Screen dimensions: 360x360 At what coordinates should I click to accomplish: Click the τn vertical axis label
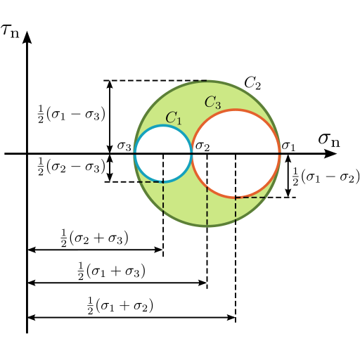pyautogui.click(x=10, y=31)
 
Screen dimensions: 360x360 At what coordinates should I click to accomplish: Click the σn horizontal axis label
pyautogui.click(x=329, y=140)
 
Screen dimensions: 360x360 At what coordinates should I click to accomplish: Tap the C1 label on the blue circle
pyautogui.click(x=174, y=118)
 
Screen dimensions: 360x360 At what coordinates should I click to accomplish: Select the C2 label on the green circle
pyautogui.click(x=252, y=83)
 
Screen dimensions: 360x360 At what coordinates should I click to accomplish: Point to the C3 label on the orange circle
pyautogui.click(x=212, y=103)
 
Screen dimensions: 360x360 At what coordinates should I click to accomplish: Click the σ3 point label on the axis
pyautogui.click(x=124, y=146)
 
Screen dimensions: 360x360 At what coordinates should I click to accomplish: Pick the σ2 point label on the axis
pyautogui.click(x=202, y=146)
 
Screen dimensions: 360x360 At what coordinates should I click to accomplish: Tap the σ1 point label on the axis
pyautogui.click(x=288, y=146)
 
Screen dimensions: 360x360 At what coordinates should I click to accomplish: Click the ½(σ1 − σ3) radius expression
pyautogui.click(x=72, y=115)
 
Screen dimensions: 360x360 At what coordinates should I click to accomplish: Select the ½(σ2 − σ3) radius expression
pyautogui.click(x=72, y=167)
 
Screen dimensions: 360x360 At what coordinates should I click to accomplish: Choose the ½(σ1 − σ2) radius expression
pyautogui.click(x=326, y=176)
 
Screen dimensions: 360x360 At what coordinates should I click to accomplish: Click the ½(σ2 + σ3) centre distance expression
pyautogui.click(x=94, y=238)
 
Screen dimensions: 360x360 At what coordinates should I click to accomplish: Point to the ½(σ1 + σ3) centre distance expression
pyautogui.click(x=111, y=271)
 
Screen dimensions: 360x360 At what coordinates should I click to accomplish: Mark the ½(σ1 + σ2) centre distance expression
pyautogui.click(x=120, y=305)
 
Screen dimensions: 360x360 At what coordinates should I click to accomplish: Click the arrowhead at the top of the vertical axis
pyautogui.click(x=27, y=37)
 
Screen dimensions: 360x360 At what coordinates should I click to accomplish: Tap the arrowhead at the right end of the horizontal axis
pyautogui.click(x=330, y=154)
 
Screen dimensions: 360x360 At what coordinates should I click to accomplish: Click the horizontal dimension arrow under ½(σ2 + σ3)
pyautogui.click(x=95, y=250)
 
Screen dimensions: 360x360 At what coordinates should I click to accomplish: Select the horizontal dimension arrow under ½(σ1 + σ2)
pyautogui.click(x=131, y=318)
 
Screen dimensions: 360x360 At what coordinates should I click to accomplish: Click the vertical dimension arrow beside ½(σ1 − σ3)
pyautogui.click(x=110, y=117)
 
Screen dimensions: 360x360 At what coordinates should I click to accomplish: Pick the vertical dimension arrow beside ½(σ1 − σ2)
pyautogui.click(x=288, y=176)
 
